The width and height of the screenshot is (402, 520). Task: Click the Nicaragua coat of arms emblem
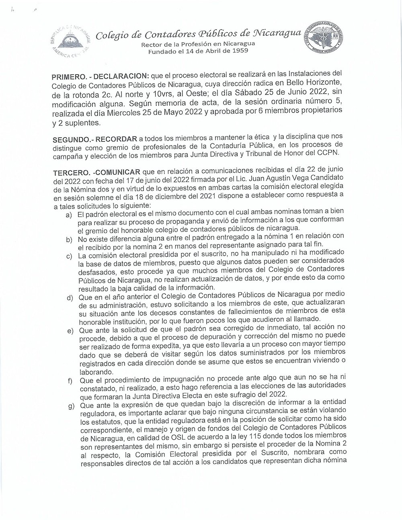pyautogui.click(x=71, y=39)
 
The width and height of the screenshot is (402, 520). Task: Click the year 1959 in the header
pyautogui.click(x=239, y=51)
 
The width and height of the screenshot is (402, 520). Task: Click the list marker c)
pyautogui.click(x=70, y=256)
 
